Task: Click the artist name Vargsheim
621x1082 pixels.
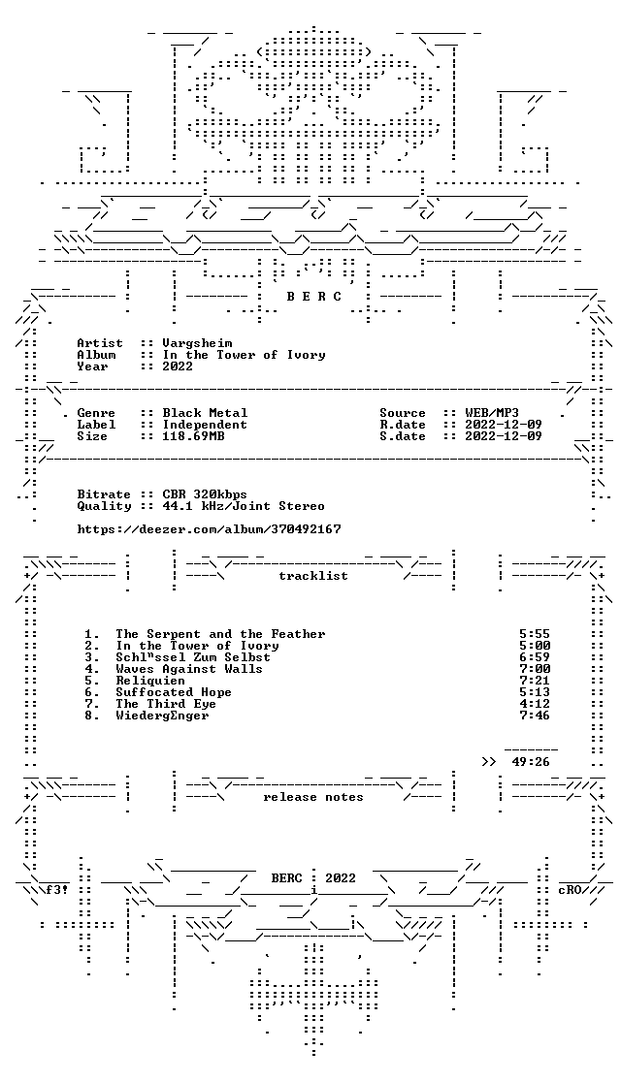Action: point(198,343)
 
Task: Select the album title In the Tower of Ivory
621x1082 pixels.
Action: point(244,355)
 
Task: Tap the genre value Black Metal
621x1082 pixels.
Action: point(205,413)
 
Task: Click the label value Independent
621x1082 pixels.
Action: point(205,425)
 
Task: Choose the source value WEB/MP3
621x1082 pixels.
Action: point(492,413)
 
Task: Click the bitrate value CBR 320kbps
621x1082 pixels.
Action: point(205,494)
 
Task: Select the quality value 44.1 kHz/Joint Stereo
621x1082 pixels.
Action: point(244,506)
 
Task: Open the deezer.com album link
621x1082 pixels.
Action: point(210,529)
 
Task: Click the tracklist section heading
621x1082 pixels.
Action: point(313,576)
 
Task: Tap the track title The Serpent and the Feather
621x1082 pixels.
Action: point(220,634)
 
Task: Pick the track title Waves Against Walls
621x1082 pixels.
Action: point(189,669)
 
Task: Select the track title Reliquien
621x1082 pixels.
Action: point(150,681)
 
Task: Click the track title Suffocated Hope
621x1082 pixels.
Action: point(174,692)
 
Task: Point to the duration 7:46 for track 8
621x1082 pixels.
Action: point(535,716)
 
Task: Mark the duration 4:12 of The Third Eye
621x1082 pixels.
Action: point(535,704)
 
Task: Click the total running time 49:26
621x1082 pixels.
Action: point(531,762)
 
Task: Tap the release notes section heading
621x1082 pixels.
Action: point(313,797)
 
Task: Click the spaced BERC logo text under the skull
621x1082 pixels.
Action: point(314,297)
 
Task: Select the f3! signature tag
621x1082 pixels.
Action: point(56,890)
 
